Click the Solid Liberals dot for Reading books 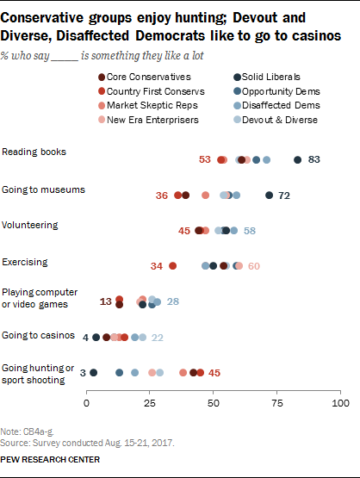(298, 159)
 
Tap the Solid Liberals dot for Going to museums (270, 196)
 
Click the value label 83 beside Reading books (314, 159)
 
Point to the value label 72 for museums (284, 196)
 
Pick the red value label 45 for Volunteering (184, 231)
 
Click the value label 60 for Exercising (253, 266)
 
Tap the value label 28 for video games (172, 301)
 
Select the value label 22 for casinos (158, 337)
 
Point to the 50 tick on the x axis (214, 402)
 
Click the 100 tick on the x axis (340, 402)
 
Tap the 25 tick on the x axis (150, 402)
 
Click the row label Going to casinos (37, 334)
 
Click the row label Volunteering (31, 225)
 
